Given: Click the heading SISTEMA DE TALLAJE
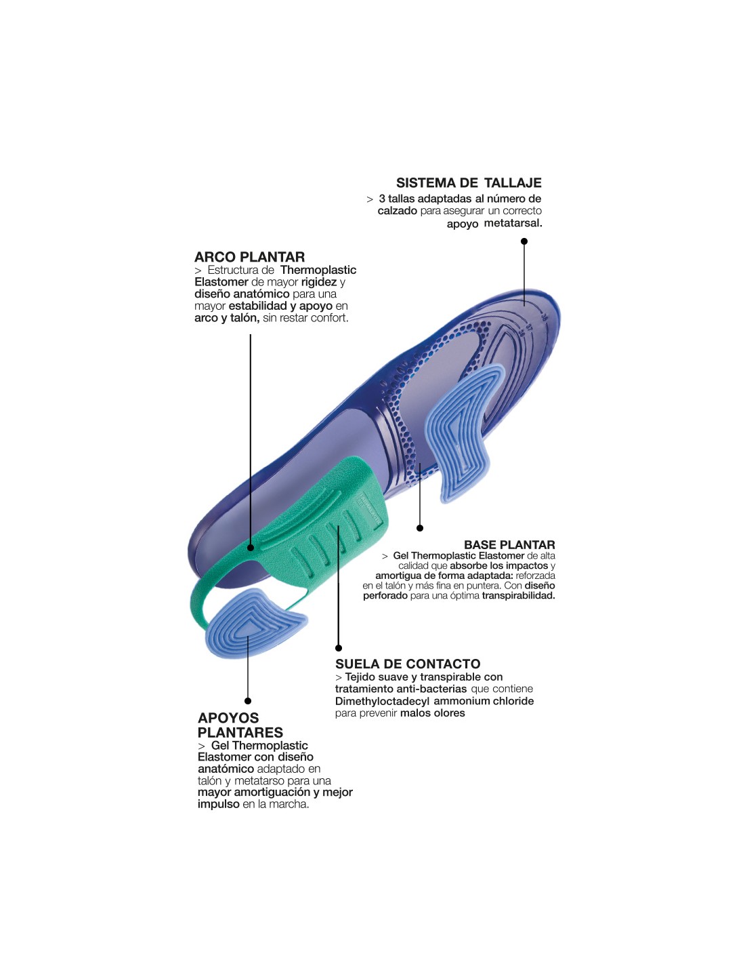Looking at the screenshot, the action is tap(469, 183).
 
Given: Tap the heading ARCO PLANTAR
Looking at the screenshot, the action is tap(249, 257).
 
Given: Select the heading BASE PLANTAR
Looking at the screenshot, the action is tap(509, 545).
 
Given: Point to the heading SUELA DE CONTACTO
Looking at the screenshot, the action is tap(408, 664).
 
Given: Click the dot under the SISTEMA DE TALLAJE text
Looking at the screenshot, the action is tap(524, 241).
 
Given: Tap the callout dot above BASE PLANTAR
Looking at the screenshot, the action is tap(420, 528).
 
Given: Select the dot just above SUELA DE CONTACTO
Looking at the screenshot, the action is tap(339, 648).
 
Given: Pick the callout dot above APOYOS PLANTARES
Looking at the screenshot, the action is tap(248, 701).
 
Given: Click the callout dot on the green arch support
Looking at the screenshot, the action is tap(251, 548).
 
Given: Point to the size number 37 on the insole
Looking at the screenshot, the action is tap(528, 329).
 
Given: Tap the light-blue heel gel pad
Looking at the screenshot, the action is tap(253, 623).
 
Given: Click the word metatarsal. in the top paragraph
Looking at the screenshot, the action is tap(513, 223).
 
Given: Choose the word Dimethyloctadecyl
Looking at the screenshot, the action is tap(383, 701).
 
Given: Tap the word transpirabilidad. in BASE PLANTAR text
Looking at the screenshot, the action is tap(519, 596).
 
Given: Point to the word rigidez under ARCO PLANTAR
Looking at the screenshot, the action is tap(318, 282).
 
